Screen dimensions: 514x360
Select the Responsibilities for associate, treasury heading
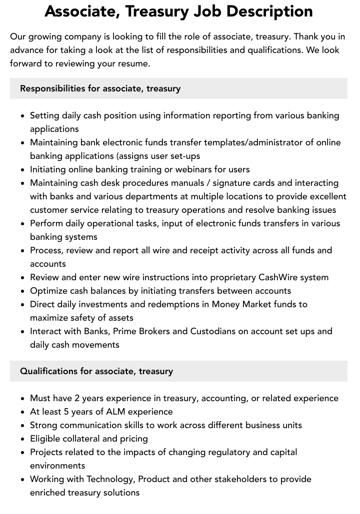pyautogui.click(x=100, y=88)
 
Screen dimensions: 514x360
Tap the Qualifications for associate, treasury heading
pyautogui.click(x=96, y=371)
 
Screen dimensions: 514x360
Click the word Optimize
pyautogui.click(x=48, y=291)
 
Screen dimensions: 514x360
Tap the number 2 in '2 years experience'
pyautogui.click(x=77, y=398)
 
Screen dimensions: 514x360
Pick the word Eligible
pyautogui.click(x=46, y=439)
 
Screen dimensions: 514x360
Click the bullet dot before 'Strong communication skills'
pyautogui.click(x=23, y=426)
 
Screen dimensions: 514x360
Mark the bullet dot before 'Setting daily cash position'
pyautogui.click(x=23, y=116)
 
